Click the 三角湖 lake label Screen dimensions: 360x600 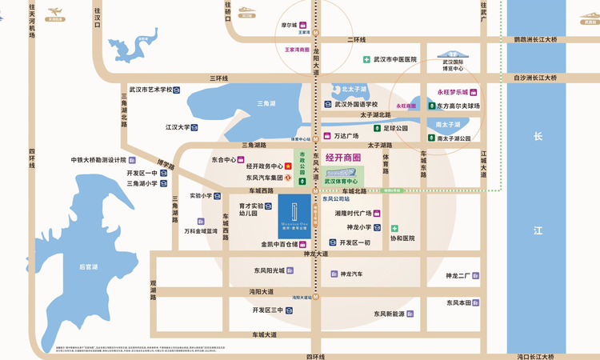coord(266,103)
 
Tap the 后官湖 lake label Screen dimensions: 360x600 coord(90,266)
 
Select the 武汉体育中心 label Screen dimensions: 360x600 coord(341,182)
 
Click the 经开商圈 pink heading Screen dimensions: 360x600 coord(342,158)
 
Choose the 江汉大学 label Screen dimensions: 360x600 coord(178,126)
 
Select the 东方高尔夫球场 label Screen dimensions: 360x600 coord(458,106)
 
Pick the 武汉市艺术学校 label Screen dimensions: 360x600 coord(150,90)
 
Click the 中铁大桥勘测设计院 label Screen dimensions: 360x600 coord(105,159)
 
